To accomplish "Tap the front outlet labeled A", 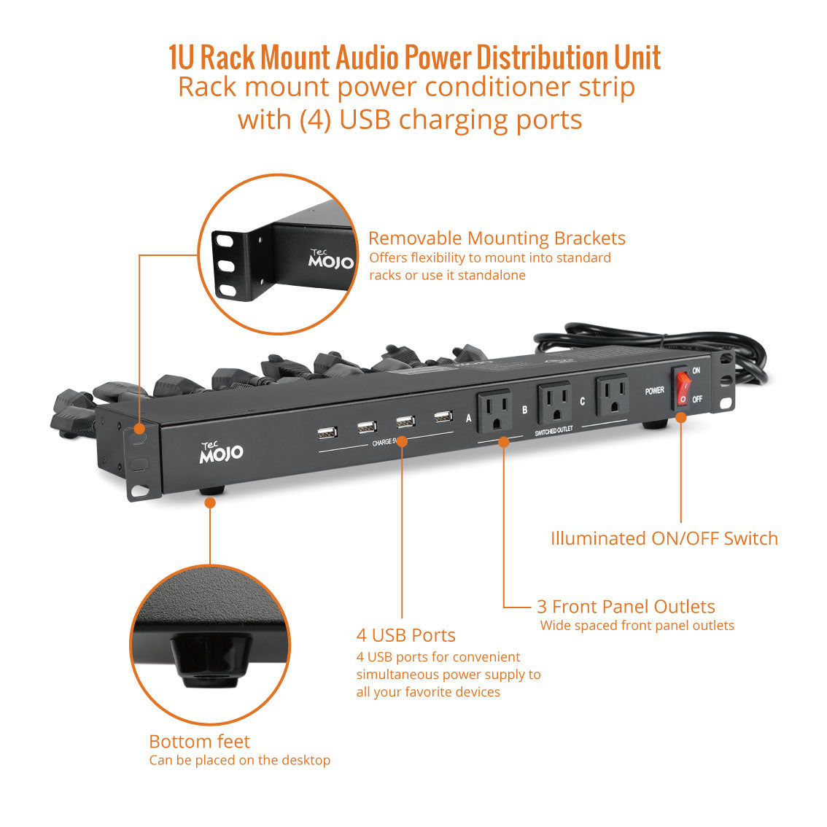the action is point(494,411).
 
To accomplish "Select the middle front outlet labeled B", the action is point(554,403).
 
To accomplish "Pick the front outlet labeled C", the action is point(613,395).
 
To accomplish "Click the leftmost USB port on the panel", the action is point(327,433).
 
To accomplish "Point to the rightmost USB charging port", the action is point(443,416).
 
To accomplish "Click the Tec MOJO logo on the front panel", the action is point(221,453).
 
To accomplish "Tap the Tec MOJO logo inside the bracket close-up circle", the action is point(330,259).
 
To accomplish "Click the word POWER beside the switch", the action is point(655,391).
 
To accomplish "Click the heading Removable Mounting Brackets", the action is point(497,238).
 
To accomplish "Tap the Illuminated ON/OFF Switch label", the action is point(664,538).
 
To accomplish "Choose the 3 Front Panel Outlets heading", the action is point(626,607).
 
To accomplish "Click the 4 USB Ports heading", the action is point(406,635).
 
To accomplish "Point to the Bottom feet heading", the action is point(199,742).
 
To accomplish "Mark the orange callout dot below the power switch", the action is point(681,418).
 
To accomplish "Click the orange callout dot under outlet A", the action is point(504,442).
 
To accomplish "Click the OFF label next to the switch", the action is point(697,399).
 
